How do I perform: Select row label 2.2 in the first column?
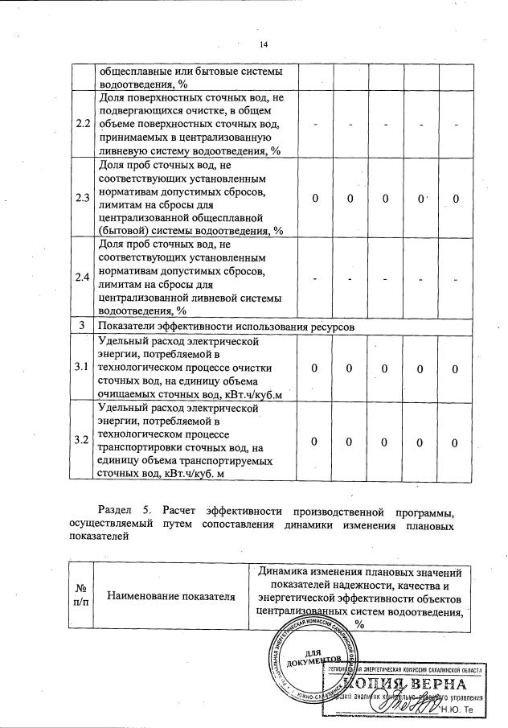[x=82, y=125]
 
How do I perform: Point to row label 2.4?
[x=82, y=278]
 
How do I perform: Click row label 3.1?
[x=82, y=368]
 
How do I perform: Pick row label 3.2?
[x=82, y=441]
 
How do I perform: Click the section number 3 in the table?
[x=82, y=326]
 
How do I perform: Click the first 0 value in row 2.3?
[x=315, y=199]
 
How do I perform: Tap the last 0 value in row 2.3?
[x=455, y=199]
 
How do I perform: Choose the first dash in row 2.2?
[x=315, y=125]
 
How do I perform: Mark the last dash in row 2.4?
[x=455, y=278]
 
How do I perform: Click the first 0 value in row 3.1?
[x=315, y=368]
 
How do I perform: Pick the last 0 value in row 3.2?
[x=455, y=442]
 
